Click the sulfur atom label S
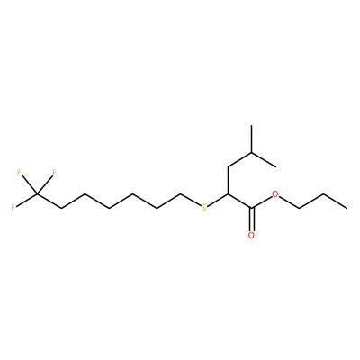204,208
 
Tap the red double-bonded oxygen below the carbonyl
251,235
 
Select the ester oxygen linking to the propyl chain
275,194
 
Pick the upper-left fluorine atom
19,173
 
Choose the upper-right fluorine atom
55,173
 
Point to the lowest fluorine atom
13,208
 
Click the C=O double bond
251,219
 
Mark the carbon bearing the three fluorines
37,194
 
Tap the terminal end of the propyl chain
347,208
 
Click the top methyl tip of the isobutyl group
251,125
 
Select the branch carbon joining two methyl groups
251,153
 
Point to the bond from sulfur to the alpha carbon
218,201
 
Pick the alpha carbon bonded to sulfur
228,194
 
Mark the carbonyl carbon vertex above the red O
251,208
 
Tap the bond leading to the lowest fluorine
26,200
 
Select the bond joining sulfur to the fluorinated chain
191,200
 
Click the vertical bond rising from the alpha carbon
228,180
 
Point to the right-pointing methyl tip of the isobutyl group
275,166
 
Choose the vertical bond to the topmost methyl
251,139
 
